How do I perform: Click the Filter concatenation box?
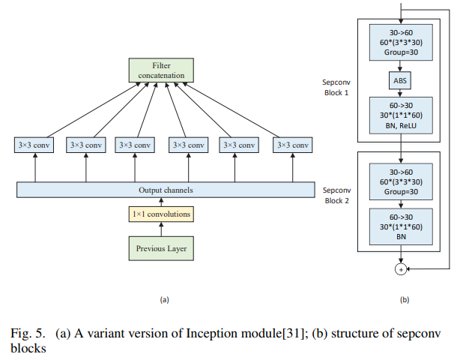click(x=161, y=71)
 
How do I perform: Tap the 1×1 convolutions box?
click(x=161, y=214)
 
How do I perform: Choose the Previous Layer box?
click(x=161, y=247)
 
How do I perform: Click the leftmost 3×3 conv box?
click(x=35, y=145)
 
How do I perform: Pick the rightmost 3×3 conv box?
click(x=291, y=145)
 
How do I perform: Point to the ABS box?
click(x=400, y=79)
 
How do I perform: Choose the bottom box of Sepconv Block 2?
click(x=400, y=227)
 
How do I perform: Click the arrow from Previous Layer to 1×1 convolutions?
click(x=161, y=229)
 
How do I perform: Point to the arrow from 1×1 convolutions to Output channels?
click(x=161, y=202)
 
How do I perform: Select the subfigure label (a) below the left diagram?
click(x=164, y=299)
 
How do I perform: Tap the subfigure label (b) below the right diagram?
click(x=405, y=299)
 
